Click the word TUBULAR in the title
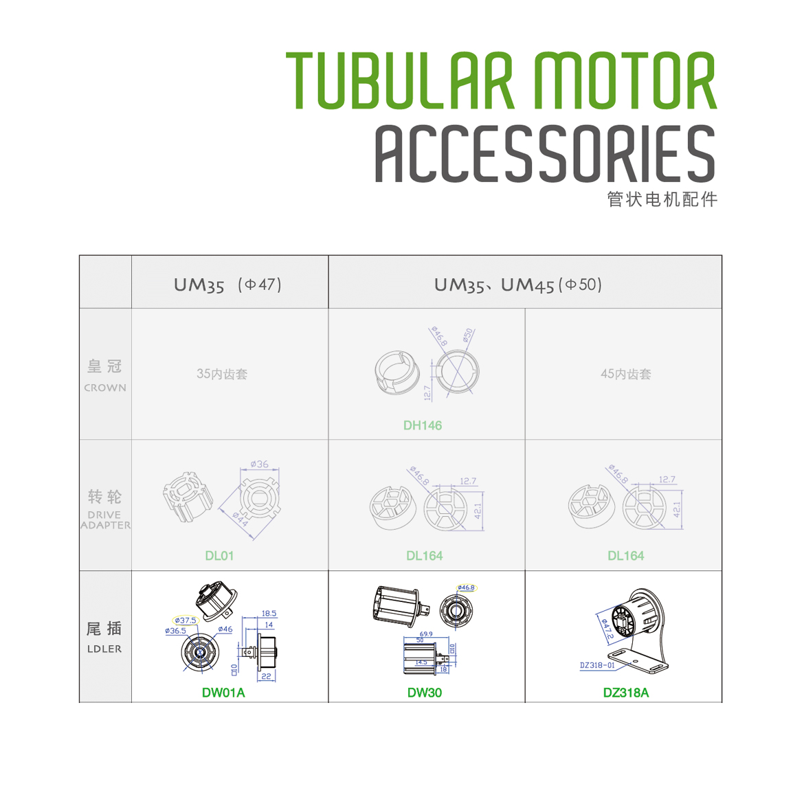coord(399,80)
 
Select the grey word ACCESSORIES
coord(545,154)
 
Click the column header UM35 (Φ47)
coord(227,284)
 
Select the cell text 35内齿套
coord(221,375)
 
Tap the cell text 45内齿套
coord(625,375)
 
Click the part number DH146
coord(423,425)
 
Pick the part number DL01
coord(219,555)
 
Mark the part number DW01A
coord(223,693)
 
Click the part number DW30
coord(424,693)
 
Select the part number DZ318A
coord(625,693)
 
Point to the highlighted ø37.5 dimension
coord(186,621)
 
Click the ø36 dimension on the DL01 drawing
coord(259,465)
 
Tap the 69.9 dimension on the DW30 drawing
coord(426,634)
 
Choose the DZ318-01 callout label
coord(597,665)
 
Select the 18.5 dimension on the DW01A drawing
coord(269,614)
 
